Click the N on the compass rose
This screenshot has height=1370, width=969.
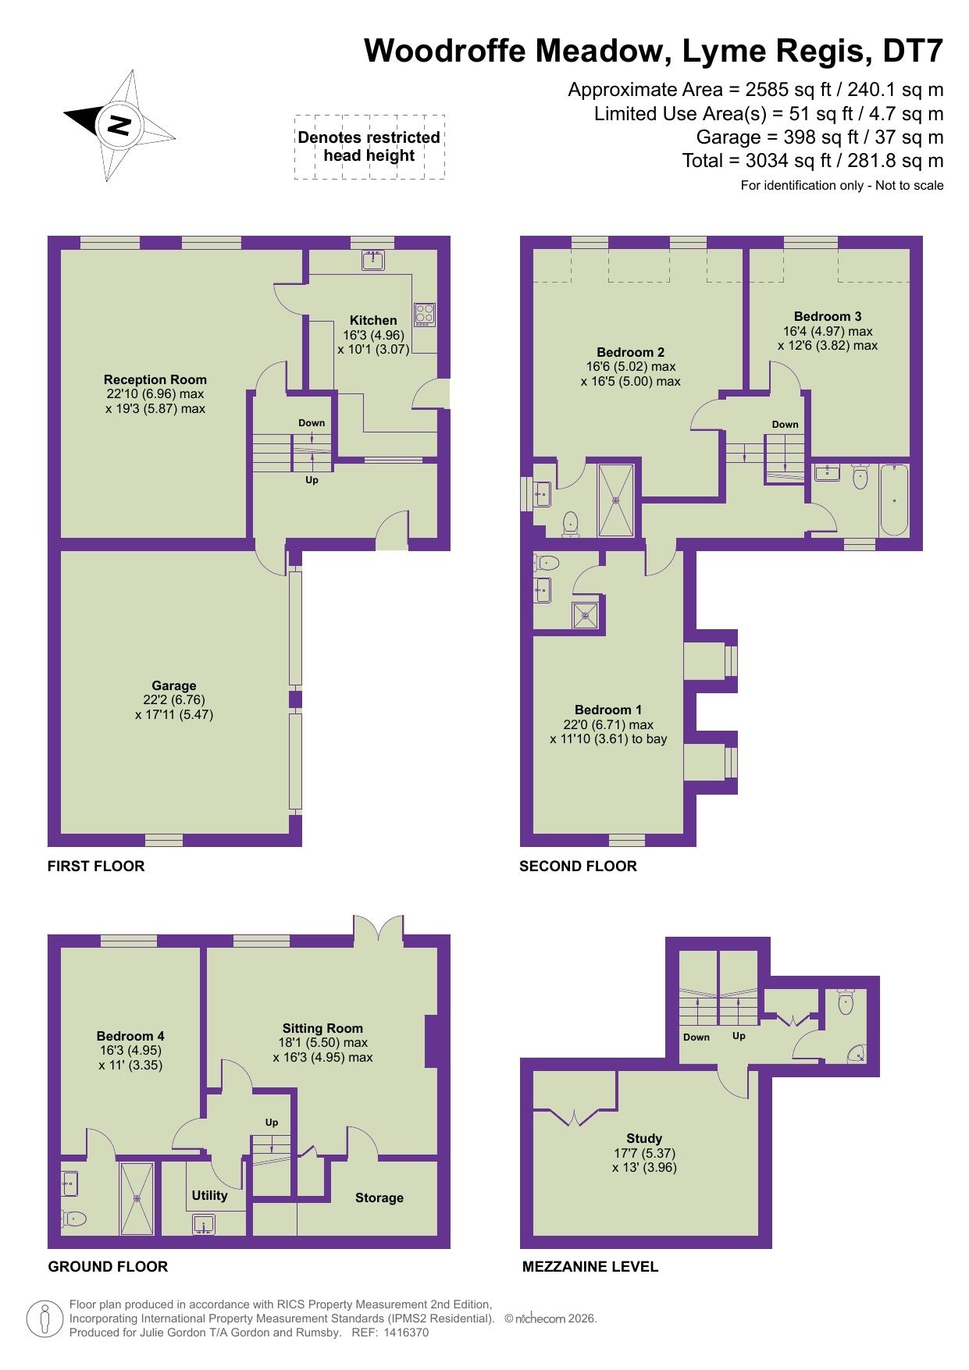coord(119,125)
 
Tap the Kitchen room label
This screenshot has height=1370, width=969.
coord(372,320)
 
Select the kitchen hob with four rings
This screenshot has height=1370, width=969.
coord(425,314)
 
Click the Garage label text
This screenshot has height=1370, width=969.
coord(174,685)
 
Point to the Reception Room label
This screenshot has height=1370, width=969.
coord(155,379)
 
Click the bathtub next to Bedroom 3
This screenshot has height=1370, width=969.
coord(895,499)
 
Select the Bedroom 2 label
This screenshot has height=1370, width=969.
coord(630,352)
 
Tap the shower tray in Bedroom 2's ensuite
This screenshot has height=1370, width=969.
coord(616,500)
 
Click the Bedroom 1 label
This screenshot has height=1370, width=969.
coord(608,710)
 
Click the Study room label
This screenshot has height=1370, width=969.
coord(644,1138)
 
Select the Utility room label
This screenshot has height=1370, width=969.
coord(210,1195)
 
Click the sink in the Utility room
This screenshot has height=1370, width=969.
coord(204,1223)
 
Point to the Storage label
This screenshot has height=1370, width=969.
coord(379,1197)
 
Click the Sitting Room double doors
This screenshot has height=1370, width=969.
coord(379,929)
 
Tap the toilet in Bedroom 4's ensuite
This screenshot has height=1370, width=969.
coord(74,1218)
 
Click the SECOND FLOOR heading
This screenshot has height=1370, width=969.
coord(578,866)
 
